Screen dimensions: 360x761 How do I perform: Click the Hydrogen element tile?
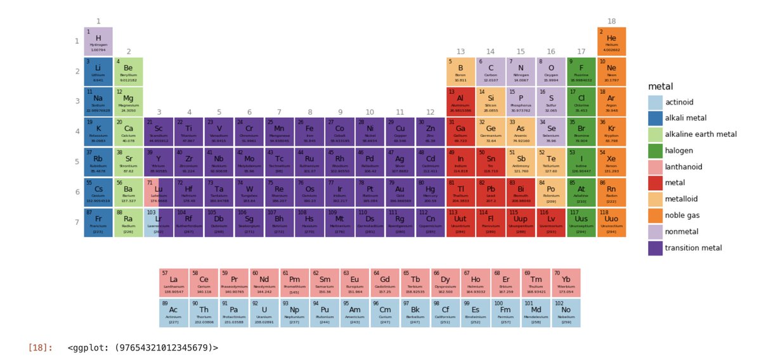pyautogui.click(x=98, y=41)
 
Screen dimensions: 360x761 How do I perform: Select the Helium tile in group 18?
pyautogui.click(x=611, y=41)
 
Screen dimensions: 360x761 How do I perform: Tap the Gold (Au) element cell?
pyautogui.click(x=400, y=192)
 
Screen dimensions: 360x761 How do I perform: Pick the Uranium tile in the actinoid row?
pyautogui.click(x=264, y=313)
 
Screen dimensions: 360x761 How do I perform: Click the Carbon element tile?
pyautogui.click(x=490, y=71)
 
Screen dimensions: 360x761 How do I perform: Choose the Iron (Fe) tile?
pyautogui.click(x=309, y=132)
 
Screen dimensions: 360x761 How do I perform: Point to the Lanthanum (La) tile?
pyautogui.click(x=173, y=283)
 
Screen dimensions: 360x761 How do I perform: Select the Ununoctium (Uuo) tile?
pyautogui.click(x=611, y=222)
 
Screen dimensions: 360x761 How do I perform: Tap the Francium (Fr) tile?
pyautogui.click(x=98, y=222)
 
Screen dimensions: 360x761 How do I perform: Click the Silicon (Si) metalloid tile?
pyautogui.click(x=490, y=101)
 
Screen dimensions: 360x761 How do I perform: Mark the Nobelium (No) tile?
pyautogui.click(x=566, y=313)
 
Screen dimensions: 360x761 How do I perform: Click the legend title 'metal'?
pyautogui.click(x=660, y=86)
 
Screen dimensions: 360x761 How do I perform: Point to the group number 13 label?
pyautogui.click(x=460, y=51)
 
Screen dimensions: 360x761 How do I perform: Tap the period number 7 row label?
pyautogui.click(x=77, y=222)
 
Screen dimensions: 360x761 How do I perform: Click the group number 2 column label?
pyautogui.click(x=128, y=51)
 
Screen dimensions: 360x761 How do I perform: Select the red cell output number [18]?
pyautogui.click(x=41, y=347)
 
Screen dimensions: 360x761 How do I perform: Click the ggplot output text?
pyautogui.click(x=143, y=347)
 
